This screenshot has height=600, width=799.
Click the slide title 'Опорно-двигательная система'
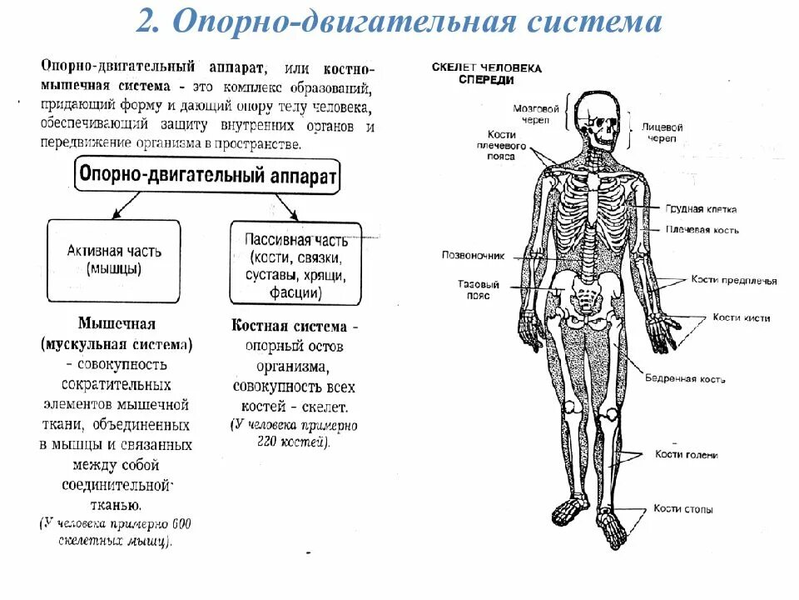pos(399,22)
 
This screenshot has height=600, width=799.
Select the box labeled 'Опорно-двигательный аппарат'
pos(207,176)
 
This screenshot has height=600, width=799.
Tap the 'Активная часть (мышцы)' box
pos(113,260)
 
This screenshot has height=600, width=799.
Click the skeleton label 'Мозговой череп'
pos(537,113)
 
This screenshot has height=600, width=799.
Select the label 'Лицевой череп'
pos(663,132)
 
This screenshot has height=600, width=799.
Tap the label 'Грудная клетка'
pos(701,209)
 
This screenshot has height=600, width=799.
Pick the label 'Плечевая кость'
pos(702,230)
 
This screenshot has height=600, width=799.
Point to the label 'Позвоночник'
pos(472,255)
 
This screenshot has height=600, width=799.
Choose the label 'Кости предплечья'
pos(734,281)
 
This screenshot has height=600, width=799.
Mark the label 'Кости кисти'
pos(741,317)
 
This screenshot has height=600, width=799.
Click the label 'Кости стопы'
pos(682,508)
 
